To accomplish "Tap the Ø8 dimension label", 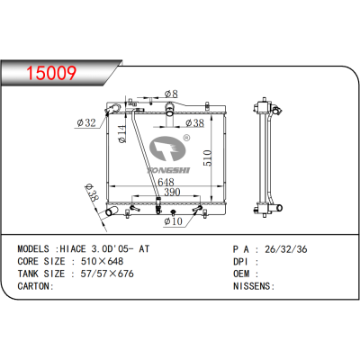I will pos(172,94).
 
